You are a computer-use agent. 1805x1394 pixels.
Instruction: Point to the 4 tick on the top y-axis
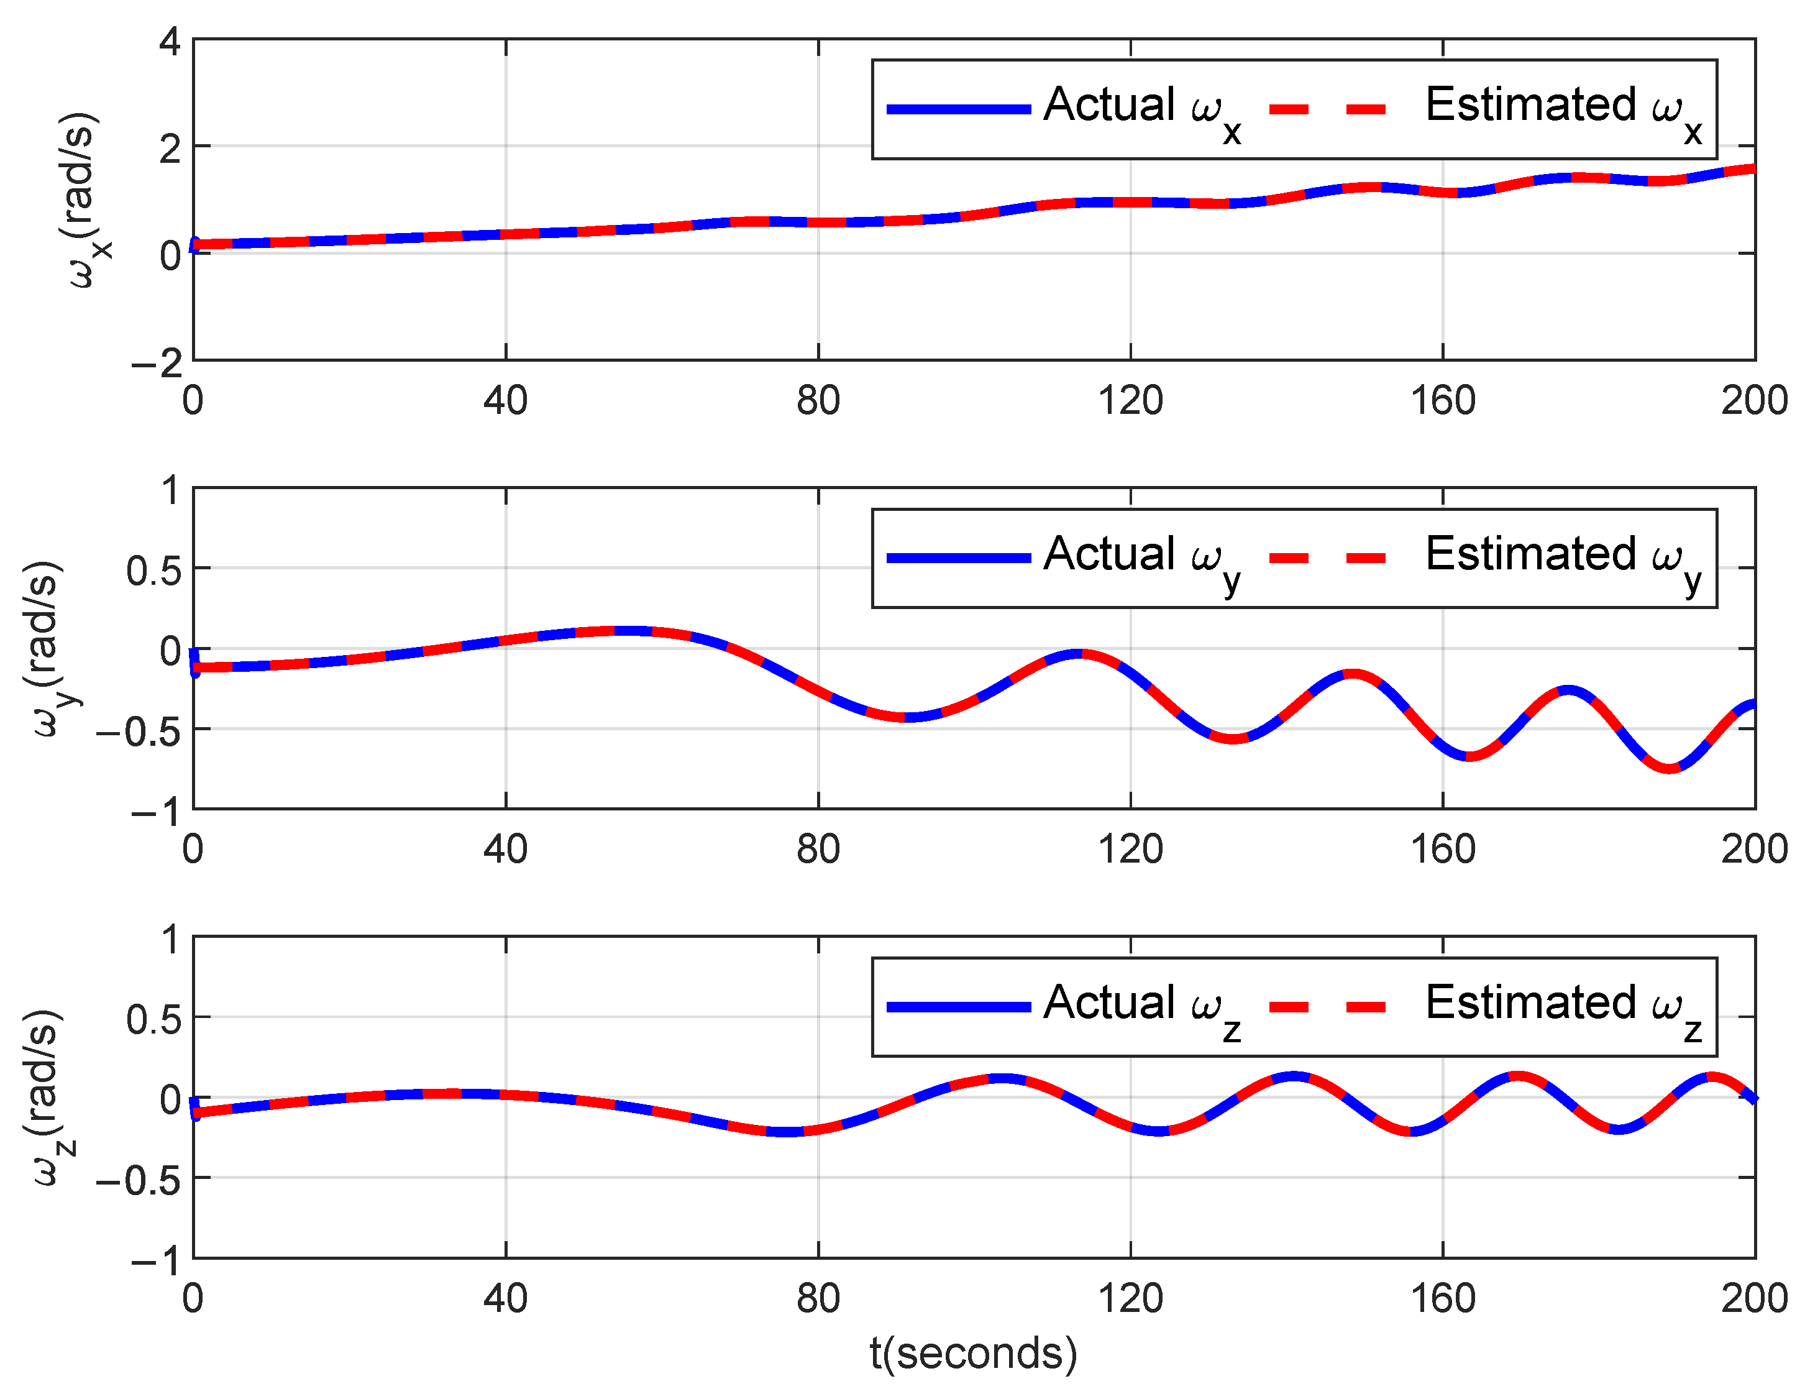click(x=170, y=42)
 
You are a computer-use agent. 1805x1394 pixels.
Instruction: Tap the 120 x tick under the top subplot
click(x=1130, y=401)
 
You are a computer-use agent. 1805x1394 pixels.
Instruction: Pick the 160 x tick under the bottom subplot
click(x=1442, y=1298)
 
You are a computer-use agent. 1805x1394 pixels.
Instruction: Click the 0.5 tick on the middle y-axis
click(x=153, y=571)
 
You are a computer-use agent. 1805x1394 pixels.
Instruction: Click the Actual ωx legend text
click(x=1141, y=109)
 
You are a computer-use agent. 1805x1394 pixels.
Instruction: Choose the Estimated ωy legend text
click(x=1562, y=558)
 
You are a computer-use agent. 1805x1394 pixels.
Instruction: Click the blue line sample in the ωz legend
click(x=958, y=1007)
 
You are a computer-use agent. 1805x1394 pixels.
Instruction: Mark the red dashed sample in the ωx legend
click(x=1327, y=109)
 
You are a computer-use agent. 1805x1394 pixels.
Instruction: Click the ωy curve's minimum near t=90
click(x=907, y=717)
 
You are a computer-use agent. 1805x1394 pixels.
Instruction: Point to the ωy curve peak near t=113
click(x=1077, y=654)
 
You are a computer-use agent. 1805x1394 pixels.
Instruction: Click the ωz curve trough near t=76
click(x=786, y=1132)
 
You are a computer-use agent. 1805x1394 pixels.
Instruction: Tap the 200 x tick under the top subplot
click(x=1752, y=401)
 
